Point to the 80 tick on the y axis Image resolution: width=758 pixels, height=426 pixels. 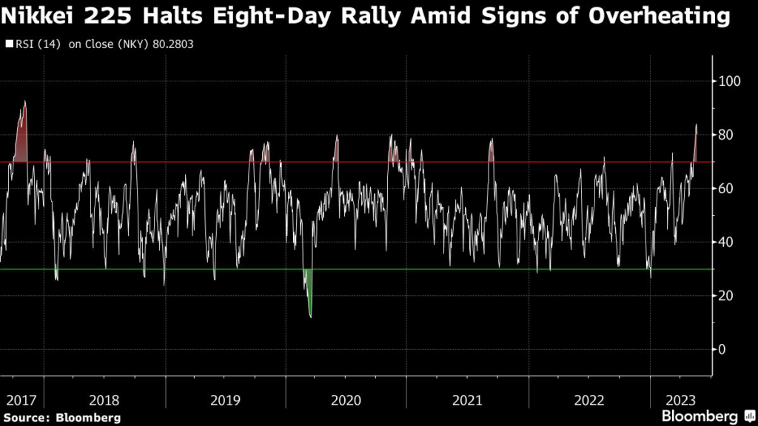[x=727, y=135]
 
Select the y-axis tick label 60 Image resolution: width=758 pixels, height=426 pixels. [x=727, y=189]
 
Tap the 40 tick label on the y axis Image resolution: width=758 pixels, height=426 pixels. [x=727, y=243]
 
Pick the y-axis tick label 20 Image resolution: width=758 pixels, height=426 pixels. [x=727, y=296]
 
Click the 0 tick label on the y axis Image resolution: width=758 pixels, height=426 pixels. [x=723, y=350]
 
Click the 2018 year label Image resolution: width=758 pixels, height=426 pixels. [x=104, y=400]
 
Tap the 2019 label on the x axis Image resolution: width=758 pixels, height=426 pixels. [x=225, y=400]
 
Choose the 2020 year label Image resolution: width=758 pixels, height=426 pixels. [x=346, y=400]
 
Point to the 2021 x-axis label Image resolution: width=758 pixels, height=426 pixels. [x=467, y=400]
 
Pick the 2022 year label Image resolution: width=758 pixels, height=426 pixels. [x=588, y=400]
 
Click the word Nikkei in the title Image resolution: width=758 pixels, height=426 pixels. [x=44, y=16]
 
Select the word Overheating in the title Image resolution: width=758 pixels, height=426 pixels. [x=659, y=16]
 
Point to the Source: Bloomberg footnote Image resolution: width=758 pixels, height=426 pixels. [x=62, y=417]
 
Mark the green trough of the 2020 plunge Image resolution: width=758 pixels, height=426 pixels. [x=310, y=317]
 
